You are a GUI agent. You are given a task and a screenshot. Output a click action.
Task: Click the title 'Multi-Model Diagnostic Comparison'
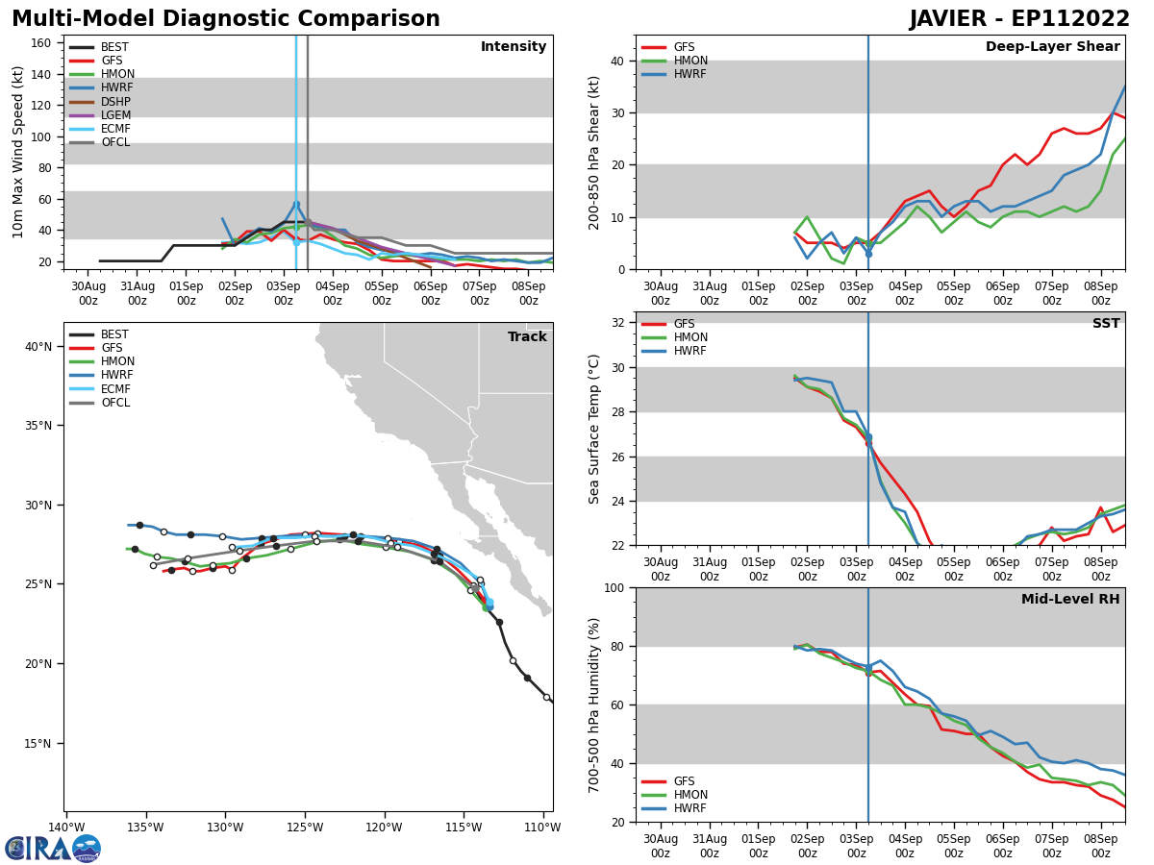coord(226,19)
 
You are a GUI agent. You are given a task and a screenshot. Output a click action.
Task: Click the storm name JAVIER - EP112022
coord(1019,19)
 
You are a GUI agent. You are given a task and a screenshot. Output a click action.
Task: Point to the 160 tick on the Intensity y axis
coord(42,42)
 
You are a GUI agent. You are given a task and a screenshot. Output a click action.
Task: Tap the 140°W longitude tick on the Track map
coord(66,828)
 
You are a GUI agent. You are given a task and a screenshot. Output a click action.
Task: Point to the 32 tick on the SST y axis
coord(620,323)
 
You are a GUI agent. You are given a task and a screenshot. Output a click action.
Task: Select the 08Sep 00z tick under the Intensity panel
coord(528,292)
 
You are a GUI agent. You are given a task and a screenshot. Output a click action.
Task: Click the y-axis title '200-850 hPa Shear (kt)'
coord(595,153)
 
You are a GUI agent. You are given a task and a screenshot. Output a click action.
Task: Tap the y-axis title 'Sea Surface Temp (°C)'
coord(595,429)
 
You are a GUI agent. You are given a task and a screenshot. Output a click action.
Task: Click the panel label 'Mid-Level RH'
coord(1070,600)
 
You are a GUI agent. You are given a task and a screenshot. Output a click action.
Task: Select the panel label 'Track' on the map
coord(527,336)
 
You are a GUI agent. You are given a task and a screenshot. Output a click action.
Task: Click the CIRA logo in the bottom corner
coord(53,848)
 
